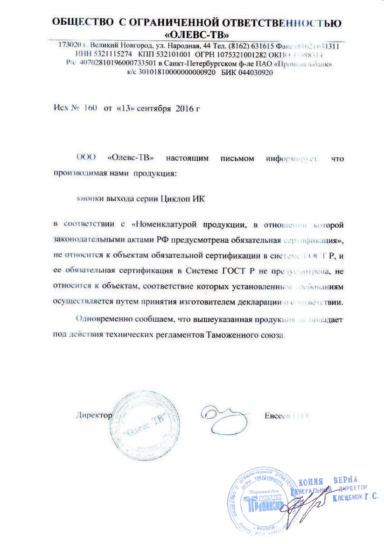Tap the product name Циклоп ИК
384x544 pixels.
tap(183, 198)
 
